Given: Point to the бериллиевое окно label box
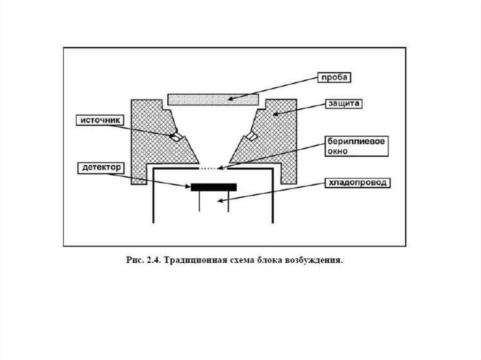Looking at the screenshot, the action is pyautogui.click(x=357, y=146).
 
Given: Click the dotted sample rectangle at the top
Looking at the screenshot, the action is pyautogui.click(x=213, y=99).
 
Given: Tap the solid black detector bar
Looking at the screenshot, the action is pyautogui.click(x=214, y=187).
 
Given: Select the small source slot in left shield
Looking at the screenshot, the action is pyautogui.click(x=176, y=137).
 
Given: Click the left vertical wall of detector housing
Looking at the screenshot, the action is pyautogui.click(x=153, y=195).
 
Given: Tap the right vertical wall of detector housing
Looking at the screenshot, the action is pyautogui.click(x=272, y=195).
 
